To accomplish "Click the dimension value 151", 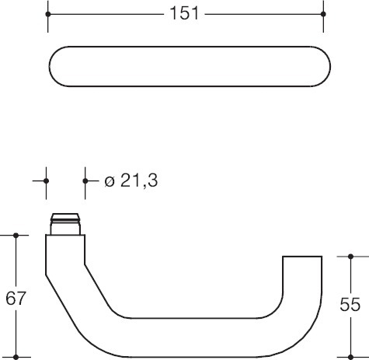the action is pos(184,13).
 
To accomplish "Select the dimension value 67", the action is pos(16,299).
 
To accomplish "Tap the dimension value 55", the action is pos(350,304).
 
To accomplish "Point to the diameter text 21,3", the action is pos(139,180).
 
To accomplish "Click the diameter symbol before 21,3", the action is pos(110,181).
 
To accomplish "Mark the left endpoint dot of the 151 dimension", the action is pos(48,14).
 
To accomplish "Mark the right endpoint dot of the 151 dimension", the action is pos(323,14).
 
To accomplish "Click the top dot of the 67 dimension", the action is pos(16,236).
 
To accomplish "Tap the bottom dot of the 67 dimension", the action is pos(16,357).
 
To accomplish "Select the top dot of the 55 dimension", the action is pos(351,257).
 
